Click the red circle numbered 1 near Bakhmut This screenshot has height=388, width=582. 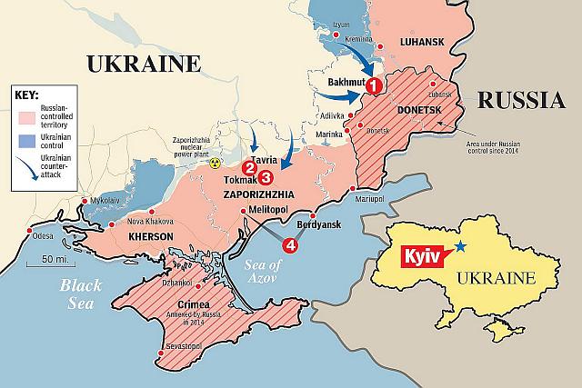click(374, 85)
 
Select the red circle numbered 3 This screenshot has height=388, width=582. click(266, 177)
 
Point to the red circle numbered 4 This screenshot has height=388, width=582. click(290, 244)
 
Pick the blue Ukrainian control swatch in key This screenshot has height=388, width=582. click(25, 142)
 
